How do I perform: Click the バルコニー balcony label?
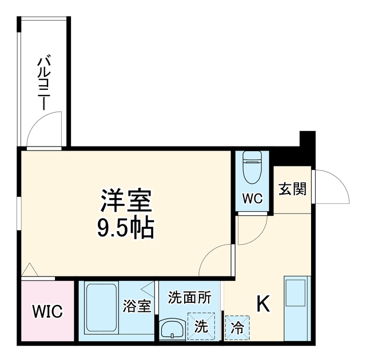pyautogui.click(x=44, y=82)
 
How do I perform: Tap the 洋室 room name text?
pyautogui.click(x=126, y=200)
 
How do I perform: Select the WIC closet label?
pyautogui.click(x=47, y=311)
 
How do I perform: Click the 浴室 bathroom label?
pyautogui.click(x=137, y=306)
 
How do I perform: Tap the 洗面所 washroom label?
pyautogui.click(x=190, y=298)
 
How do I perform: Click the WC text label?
pyautogui.click(x=252, y=199)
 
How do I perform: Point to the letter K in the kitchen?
pyautogui.click(x=263, y=303)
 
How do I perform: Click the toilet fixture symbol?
pyautogui.click(x=252, y=168)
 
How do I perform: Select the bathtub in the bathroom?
pyautogui.click(x=101, y=307)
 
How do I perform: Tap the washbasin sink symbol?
pyautogui.click(x=173, y=328)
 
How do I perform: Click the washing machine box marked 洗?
pyautogui.click(x=201, y=326)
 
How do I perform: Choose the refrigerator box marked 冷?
pyautogui.click(x=237, y=328)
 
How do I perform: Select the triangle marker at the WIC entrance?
pyautogui.click(x=30, y=270)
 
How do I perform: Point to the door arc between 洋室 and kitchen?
pyautogui.click(x=208, y=254)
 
